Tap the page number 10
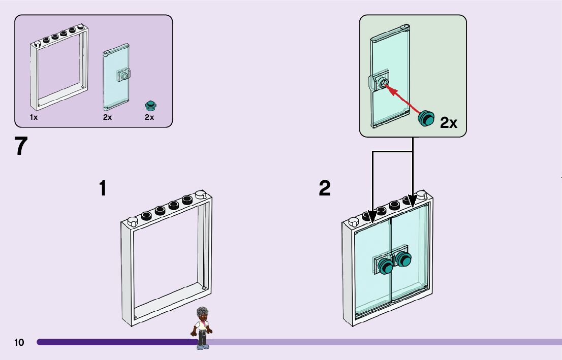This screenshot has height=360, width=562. coord(19,343)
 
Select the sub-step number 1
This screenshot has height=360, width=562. coord(103,188)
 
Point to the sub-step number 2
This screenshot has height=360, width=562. coord(325,188)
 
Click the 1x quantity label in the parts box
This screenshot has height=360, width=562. coord(34,117)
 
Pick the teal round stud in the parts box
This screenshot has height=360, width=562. coord(150,106)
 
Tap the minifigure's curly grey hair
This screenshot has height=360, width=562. coord(203,313)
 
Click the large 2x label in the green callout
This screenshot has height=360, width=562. coord(449,122)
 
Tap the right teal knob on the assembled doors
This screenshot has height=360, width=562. coord(403,259)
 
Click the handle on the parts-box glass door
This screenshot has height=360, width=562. coord(123,76)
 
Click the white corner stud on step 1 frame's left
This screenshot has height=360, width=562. coord(133,221)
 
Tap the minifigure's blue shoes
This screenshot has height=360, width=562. coord(203,347)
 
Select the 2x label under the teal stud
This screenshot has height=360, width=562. coord(149,117)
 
